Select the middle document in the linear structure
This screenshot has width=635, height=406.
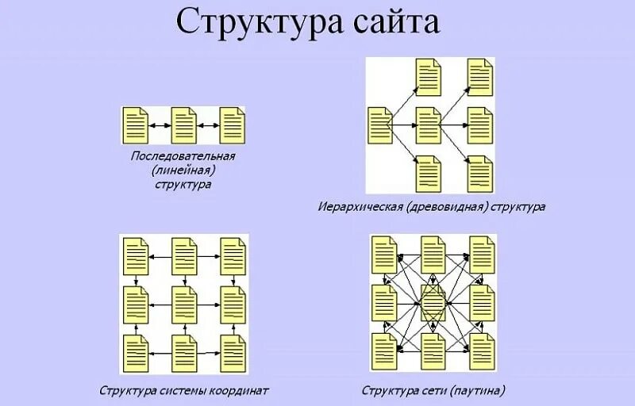pos(183,124)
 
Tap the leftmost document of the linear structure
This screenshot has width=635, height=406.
pos(135,124)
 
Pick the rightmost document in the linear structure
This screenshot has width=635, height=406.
pos(233,124)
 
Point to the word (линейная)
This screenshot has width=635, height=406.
pos(183,170)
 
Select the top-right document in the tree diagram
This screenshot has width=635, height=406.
pos(479,76)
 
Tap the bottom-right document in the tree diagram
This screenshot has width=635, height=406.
pos(479,171)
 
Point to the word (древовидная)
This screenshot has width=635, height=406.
pos(449,207)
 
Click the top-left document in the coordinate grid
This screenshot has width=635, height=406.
pos(136,255)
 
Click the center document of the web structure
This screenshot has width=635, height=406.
pos(433,302)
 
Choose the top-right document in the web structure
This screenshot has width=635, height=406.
pos(481,255)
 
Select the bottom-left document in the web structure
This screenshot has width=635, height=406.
pos(385,350)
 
